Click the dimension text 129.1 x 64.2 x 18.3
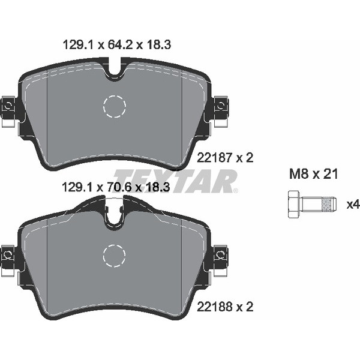(x=118, y=44)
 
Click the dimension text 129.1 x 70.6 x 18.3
(x=118, y=187)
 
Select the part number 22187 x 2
(x=226, y=158)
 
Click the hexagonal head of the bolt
(x=293, y=205)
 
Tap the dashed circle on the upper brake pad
(x=115, y=107)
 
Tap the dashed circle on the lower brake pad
(x=115, y=256)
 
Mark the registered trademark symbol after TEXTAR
(x=235, y=191)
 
